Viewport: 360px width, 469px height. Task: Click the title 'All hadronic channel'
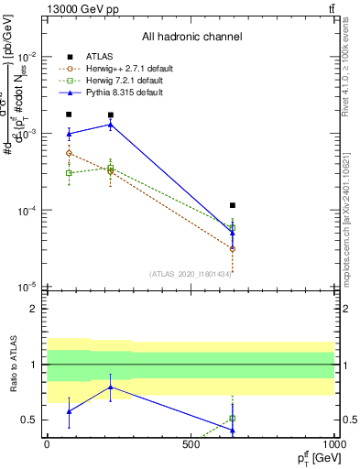191,38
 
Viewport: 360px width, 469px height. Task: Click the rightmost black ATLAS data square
233,205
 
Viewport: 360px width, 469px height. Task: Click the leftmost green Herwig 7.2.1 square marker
69,172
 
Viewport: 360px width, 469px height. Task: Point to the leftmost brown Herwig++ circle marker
69,154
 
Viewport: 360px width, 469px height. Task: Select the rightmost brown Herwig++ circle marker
233,248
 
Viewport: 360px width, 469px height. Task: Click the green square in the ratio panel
233,418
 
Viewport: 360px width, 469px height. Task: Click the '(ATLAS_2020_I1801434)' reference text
191,273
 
